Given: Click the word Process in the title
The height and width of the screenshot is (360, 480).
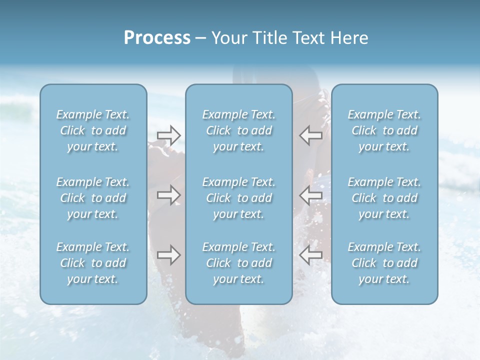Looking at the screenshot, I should [157, 38].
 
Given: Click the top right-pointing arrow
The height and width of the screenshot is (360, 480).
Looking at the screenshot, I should [168, 135].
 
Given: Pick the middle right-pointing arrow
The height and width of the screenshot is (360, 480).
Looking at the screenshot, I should [168, 195].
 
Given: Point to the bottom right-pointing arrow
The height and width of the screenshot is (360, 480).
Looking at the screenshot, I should [168, 255].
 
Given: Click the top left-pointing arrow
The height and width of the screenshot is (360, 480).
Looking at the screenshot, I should [310, 135].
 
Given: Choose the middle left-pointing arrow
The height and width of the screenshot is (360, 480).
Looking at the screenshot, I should [310, 195].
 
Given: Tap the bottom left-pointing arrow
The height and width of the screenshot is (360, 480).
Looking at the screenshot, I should [310, 255].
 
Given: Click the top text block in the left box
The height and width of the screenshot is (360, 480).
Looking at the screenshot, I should [93, 130].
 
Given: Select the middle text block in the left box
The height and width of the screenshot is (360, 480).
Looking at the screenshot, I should [93, 198].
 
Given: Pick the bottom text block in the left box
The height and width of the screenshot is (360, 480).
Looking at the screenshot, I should [93, 263].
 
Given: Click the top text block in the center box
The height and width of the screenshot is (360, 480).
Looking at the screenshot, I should [239, 130].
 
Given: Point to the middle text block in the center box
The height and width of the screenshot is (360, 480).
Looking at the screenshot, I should [239, 198].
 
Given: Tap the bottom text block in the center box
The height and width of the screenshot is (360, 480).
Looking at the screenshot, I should [239, 263].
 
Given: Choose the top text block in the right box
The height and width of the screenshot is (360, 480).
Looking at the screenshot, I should [384, 130].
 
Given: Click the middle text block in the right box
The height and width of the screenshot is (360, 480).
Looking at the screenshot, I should [384, 198].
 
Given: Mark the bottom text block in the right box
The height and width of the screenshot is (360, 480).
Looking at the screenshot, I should [384, 263].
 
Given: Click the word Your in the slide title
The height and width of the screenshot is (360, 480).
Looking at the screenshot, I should [227, 38].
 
